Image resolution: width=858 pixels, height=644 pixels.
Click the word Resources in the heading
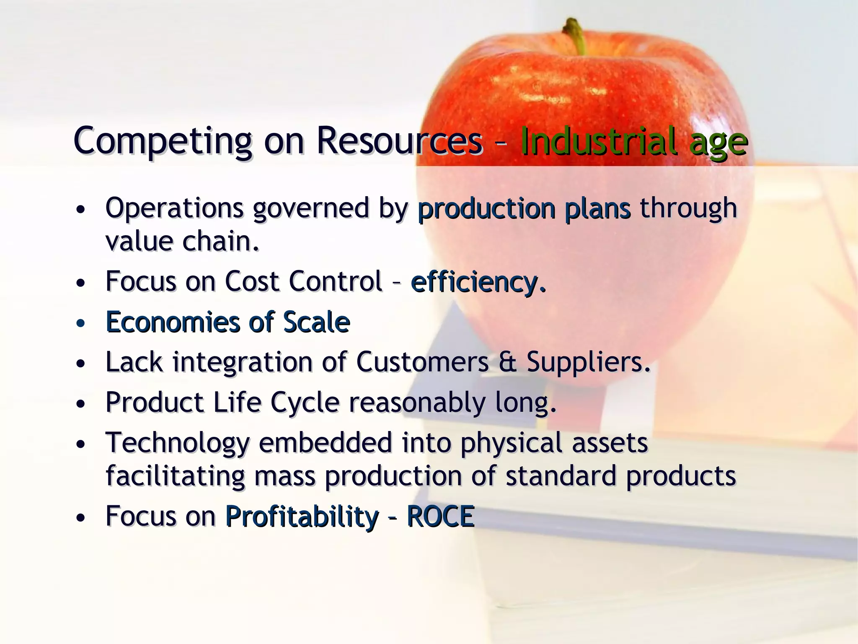399,140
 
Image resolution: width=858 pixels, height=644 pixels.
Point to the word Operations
174,208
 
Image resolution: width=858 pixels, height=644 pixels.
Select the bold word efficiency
478,282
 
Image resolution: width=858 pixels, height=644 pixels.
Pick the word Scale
316,322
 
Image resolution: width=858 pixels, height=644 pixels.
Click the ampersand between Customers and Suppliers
507,362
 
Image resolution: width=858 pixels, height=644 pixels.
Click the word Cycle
305,402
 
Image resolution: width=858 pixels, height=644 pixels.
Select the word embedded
325,443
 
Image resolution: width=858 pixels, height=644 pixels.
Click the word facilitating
175,476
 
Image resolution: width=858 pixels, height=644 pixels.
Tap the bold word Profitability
302,516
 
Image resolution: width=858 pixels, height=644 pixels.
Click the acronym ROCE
440,516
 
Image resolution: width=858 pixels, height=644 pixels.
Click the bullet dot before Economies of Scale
81,324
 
